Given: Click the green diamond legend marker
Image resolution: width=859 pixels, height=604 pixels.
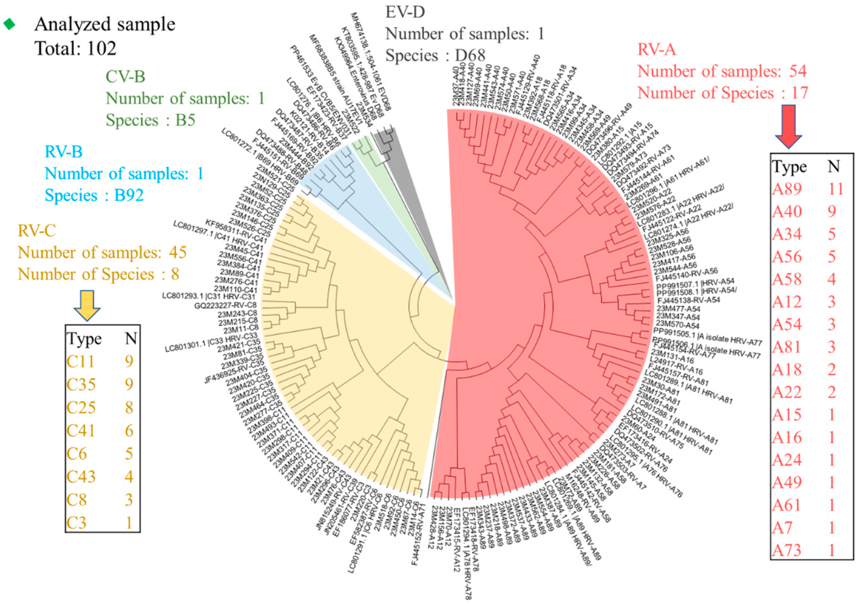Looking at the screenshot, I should pyautogui.click(x=9, y=25).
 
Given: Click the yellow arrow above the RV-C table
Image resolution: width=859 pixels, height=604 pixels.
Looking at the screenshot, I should pyautogui.click(x=87, y=305).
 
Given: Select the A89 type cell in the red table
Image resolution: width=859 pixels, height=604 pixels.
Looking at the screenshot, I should pyautogui.click(x=787, y=189).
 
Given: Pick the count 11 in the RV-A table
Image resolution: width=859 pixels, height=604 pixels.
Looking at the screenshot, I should pyautogui.click(x=835, y=189).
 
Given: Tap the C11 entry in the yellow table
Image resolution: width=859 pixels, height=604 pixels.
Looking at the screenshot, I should pyautogui.click(x=81, y=362).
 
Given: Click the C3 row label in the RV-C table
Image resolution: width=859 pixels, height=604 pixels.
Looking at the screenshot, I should pyautogui.click(x=76, y=522).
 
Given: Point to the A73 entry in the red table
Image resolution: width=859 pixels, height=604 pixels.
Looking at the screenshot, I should pyautogui.click(x=786, y=550).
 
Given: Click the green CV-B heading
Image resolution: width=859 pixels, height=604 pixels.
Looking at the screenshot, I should pyautogui.click(x=125, y=77).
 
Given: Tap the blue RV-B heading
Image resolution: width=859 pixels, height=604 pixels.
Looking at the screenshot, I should pyautogui.click(x=64, y=152).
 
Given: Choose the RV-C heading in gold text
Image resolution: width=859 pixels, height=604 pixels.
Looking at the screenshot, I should pyautogui.click(x=37, y=231).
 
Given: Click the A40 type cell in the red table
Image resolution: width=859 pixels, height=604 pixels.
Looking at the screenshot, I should pyautogui.click(x=787, y=212).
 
